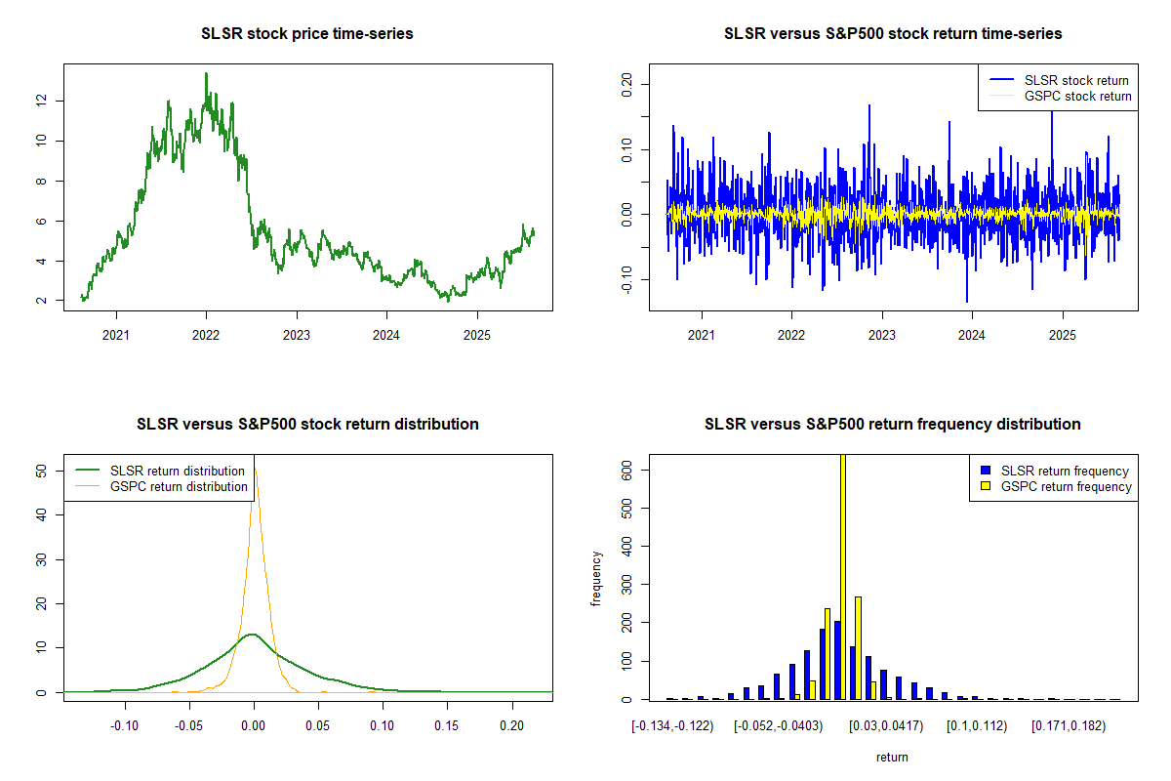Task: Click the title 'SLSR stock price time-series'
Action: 307,34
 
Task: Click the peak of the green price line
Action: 206,74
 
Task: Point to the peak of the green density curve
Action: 253,635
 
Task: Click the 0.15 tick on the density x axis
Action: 447,727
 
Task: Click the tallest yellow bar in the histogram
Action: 843,576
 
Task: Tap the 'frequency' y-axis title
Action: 596,578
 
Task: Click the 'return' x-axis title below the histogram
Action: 892,757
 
